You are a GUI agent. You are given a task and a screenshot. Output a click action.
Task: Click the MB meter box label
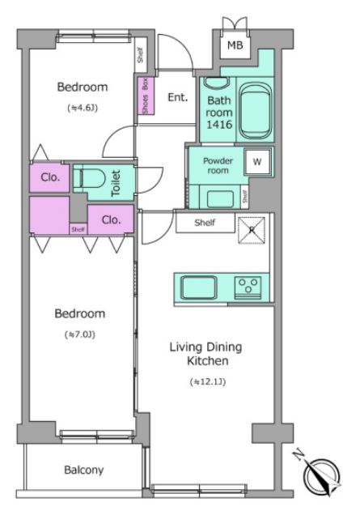235,45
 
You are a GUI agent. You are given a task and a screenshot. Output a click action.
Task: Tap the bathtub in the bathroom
256,111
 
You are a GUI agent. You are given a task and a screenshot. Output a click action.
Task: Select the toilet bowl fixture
89,179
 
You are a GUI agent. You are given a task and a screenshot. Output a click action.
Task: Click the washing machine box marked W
257,161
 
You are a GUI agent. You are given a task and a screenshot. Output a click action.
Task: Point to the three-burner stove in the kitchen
248,287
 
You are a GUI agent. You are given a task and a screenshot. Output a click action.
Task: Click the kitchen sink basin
199,287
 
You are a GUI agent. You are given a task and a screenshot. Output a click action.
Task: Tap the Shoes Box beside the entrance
146,96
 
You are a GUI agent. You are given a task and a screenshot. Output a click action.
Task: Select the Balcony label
83,470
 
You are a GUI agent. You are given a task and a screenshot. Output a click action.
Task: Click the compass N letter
299,455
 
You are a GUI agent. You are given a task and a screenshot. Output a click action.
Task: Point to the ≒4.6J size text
83,108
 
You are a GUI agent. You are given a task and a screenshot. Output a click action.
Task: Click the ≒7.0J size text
80,334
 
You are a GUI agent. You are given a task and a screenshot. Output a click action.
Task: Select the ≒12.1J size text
208,381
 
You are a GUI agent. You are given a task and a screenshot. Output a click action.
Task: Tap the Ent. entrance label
178,97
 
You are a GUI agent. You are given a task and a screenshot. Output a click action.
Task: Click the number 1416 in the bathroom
219,125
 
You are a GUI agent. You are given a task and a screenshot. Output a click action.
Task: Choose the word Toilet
116,183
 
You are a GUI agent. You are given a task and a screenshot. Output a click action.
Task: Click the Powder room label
218,165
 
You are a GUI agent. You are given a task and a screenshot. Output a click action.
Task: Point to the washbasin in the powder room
220,198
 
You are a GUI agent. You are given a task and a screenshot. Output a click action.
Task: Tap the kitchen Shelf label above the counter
205,223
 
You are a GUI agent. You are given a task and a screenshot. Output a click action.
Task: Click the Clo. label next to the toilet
50,177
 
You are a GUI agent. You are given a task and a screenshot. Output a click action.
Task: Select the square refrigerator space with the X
252,230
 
